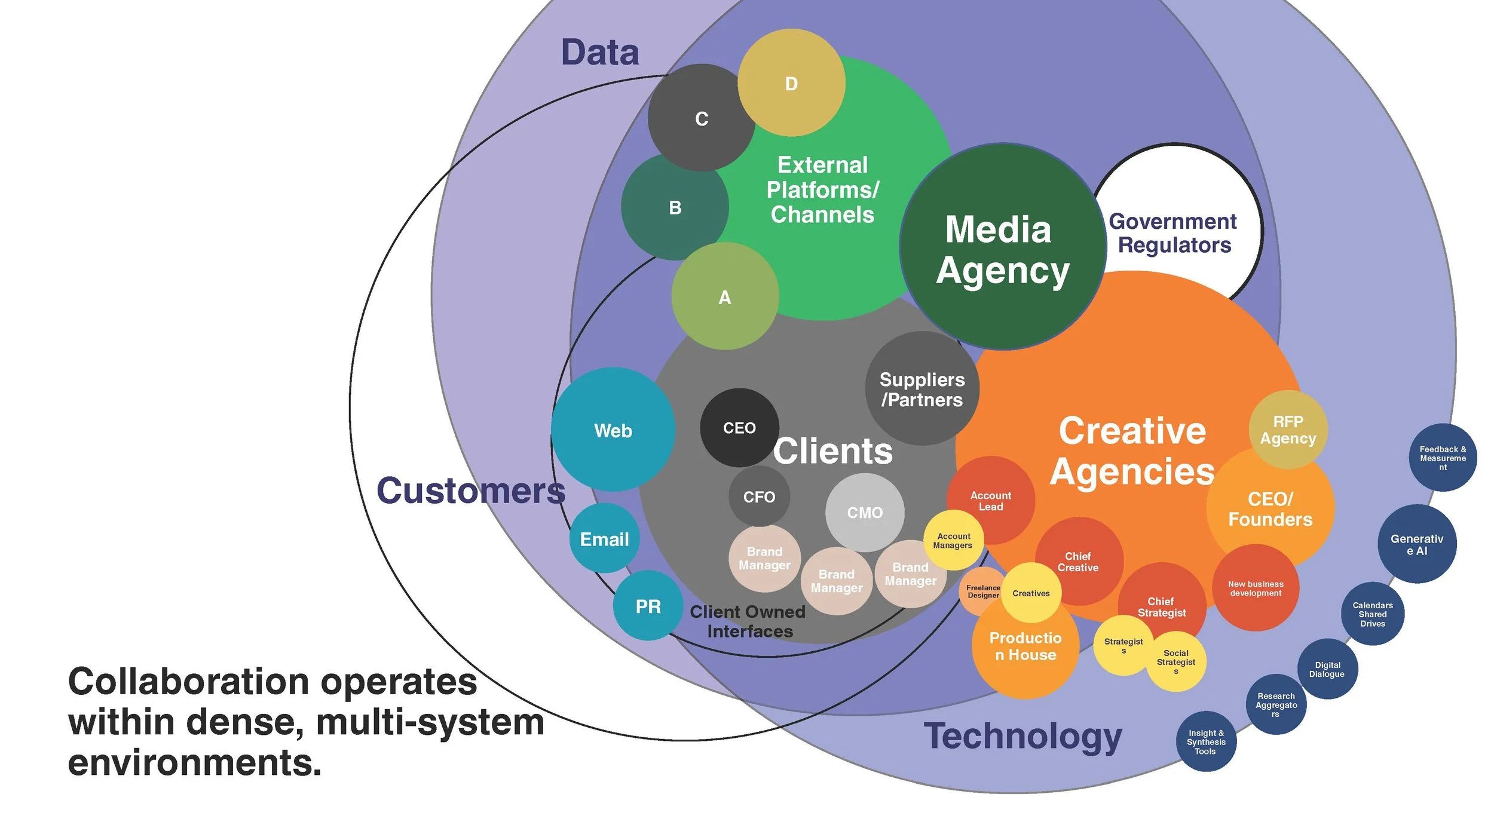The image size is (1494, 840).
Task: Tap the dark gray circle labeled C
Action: click(x=702, y=118)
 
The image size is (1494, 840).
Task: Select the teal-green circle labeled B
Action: click(x=675, y=207)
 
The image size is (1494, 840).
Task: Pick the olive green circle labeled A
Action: click(x=725, y=296)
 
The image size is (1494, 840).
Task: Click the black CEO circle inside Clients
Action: click(x=739, y=428)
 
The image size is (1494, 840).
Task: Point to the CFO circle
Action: click(x=759, y=496)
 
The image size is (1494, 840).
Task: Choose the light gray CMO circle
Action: click(x=865, y=512)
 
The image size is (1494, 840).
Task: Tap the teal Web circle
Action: click(x=613, y=430)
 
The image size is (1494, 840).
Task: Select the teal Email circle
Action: click(x=604, y=539)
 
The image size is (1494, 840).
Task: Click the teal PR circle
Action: click(x=648, y=606)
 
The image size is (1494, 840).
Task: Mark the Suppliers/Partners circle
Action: click(x=922, y=389)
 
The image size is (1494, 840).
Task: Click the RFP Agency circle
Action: click(x=1288, y=430)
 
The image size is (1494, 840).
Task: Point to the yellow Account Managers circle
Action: click(x=953, y=540)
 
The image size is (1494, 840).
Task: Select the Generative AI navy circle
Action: click(x=1417, y=544)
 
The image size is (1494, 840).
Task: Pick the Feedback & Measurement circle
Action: click(x=1443, y=458)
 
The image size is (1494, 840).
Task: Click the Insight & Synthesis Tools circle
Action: click(x=1206, y=741)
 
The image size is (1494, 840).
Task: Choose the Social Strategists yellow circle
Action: click(x=1176, y=661)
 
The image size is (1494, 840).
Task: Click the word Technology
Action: click(x=1023, y=737)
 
